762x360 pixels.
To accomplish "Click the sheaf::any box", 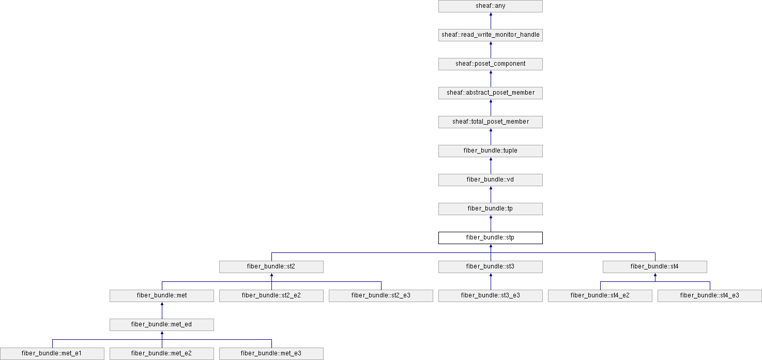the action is click(x=490, y=6).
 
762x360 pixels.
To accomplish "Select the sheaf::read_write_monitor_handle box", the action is click(x=490, y=35).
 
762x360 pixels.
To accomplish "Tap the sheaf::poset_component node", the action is click(x=490, y=64).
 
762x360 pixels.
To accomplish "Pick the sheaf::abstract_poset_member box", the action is click(x=490, y=93).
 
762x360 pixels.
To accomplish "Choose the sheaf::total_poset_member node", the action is click(x=490, y=122).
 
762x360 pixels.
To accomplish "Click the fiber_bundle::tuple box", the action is click(x=490, y=151).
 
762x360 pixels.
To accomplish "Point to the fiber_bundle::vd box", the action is click(x=490, y=179).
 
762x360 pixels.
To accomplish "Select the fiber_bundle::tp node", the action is click(x=490, y=208).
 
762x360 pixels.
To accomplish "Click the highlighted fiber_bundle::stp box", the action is click(x=490, y=238).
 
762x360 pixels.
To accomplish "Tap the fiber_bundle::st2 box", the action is click(x=271, y=267).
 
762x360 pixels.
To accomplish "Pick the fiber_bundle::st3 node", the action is click(x=490, y=267).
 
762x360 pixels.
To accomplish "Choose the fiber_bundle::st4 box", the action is click(x=655, y=267).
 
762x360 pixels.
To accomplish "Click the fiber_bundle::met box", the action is click(x=162, y=296).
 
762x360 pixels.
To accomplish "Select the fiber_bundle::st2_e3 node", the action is click(x=380, y=296).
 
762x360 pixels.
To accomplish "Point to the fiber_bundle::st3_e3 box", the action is click(x=490, y=296).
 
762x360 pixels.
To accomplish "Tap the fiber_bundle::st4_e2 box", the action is click(x=600, y=296).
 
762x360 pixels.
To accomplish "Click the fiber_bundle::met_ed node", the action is click(x=162, y=325).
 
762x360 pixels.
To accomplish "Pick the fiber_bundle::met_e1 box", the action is click(x=52, y=354).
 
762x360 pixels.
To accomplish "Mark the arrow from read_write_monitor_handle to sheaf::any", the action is click(x=491, y=21).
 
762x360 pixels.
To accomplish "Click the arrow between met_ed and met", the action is click(x=162, y=310).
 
